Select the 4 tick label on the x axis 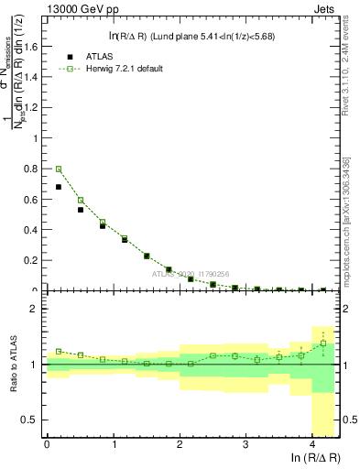point(313,444)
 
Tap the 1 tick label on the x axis point(114,444)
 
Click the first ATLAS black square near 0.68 point(59,187)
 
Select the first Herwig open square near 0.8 point(59,169)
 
